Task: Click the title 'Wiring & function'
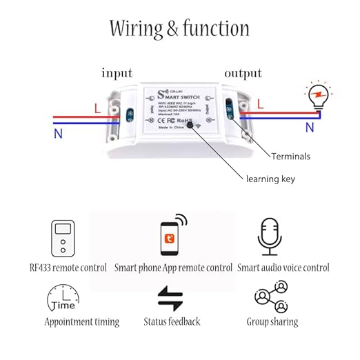(x=179, y=28)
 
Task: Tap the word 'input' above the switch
(x=117, y=73)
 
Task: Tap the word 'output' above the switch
(x=243, y=73)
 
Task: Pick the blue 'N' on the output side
(x=310, y=128)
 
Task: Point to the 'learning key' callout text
(x=270, y=179)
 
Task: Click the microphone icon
(x=270, y=237)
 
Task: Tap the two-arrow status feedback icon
(x=170, y=298)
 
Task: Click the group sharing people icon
(x=270, y=297)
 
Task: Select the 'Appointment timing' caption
(x=82, y=322)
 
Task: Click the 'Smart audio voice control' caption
(x=283, y=268)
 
